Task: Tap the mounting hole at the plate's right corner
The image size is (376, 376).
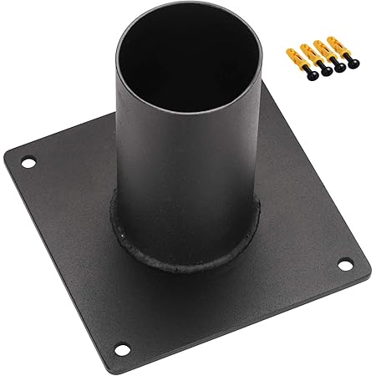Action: tap(343, 266)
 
